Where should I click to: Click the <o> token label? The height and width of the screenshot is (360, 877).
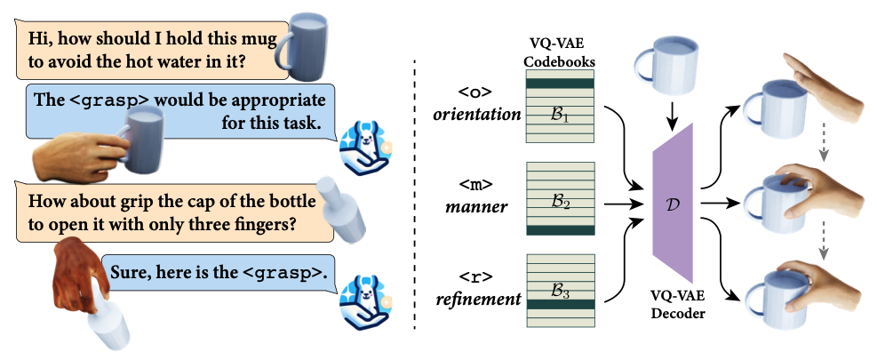point(474,92)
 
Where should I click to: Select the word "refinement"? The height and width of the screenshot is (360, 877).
point(478,300)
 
